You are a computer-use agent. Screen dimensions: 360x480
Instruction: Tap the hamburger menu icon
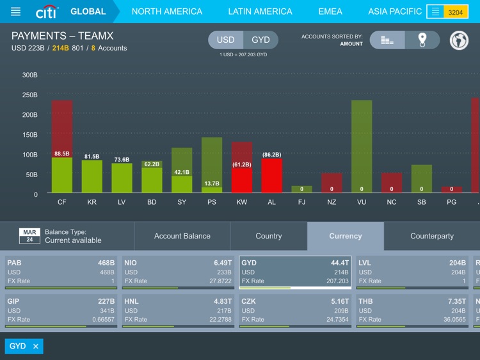[16, 12]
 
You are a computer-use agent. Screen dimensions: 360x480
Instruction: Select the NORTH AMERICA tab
[166, 12]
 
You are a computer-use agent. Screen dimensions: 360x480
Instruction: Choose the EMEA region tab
[330, 12]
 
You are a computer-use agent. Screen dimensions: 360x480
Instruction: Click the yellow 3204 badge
[456, 12]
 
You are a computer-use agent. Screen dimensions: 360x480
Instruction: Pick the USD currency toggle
[225, 40]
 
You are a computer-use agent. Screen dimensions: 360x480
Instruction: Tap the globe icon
[459, 40]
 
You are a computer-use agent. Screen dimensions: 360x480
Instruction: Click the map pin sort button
[422, 40]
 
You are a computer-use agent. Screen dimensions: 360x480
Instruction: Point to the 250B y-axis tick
[29, 95]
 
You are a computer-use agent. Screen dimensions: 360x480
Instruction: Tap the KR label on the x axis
[92, 202]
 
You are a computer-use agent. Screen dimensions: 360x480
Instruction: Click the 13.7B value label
[211, 184]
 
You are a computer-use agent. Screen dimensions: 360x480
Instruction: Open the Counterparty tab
[432, 236]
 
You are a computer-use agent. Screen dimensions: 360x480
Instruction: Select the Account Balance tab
[182, 236]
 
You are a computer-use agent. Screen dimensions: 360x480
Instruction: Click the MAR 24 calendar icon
[29, 236]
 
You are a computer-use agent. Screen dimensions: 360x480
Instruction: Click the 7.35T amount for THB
[456, 301]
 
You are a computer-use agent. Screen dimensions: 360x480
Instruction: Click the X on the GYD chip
[36, 346]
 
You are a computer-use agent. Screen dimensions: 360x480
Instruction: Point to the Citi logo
[47, 12]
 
